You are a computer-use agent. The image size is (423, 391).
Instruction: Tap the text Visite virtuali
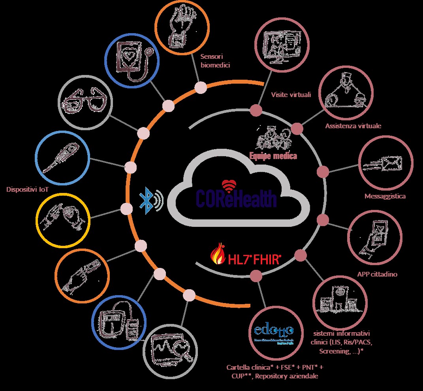pyautogui.click(x=291, y=95)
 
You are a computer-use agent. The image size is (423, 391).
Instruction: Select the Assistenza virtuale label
pyautogui.click(x=353, y=126)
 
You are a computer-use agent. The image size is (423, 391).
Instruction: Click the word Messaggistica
pyautogui.click(x=385, y=196)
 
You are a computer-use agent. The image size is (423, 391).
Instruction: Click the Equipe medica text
pyautogui.click(x=273, y=155)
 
